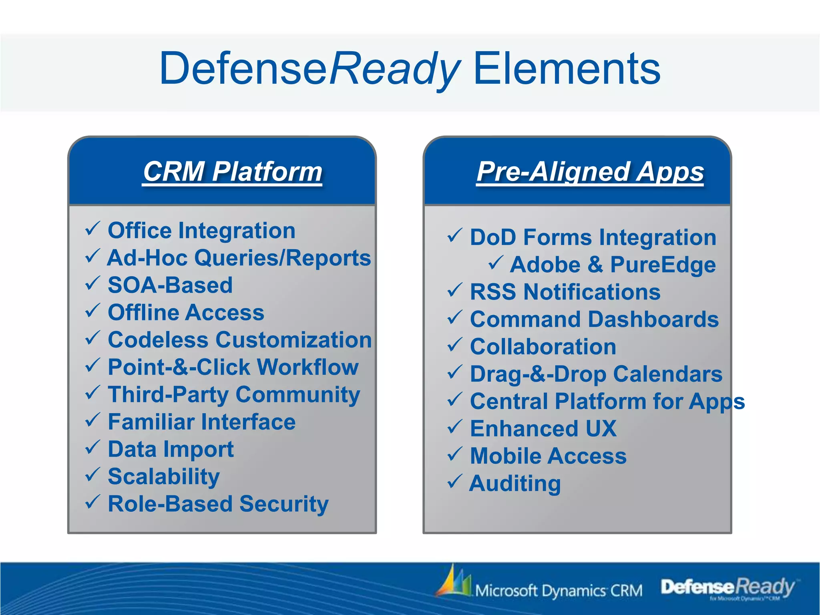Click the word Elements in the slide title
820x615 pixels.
[x=567, y=69]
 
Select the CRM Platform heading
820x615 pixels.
[x=232, y=171]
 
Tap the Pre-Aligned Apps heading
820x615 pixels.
[x=590, y=171]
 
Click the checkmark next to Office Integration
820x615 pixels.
[x=92, y=229]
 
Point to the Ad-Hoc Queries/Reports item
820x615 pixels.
[x=239, y=258]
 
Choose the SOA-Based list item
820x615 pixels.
[x=170, y=285]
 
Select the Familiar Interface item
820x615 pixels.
[x=201, y=422]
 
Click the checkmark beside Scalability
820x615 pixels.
[x=92, y=475]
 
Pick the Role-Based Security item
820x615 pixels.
[x=218, y=504]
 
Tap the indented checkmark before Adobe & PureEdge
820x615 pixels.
[x=496, y=263]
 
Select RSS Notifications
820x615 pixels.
[x=565, y=292]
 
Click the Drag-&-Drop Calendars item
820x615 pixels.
[x=596, y=374]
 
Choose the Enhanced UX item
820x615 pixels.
[x=543, y=429]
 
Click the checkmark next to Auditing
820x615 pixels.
[x=454, y=482]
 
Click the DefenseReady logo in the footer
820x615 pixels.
[x=728, y=588]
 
